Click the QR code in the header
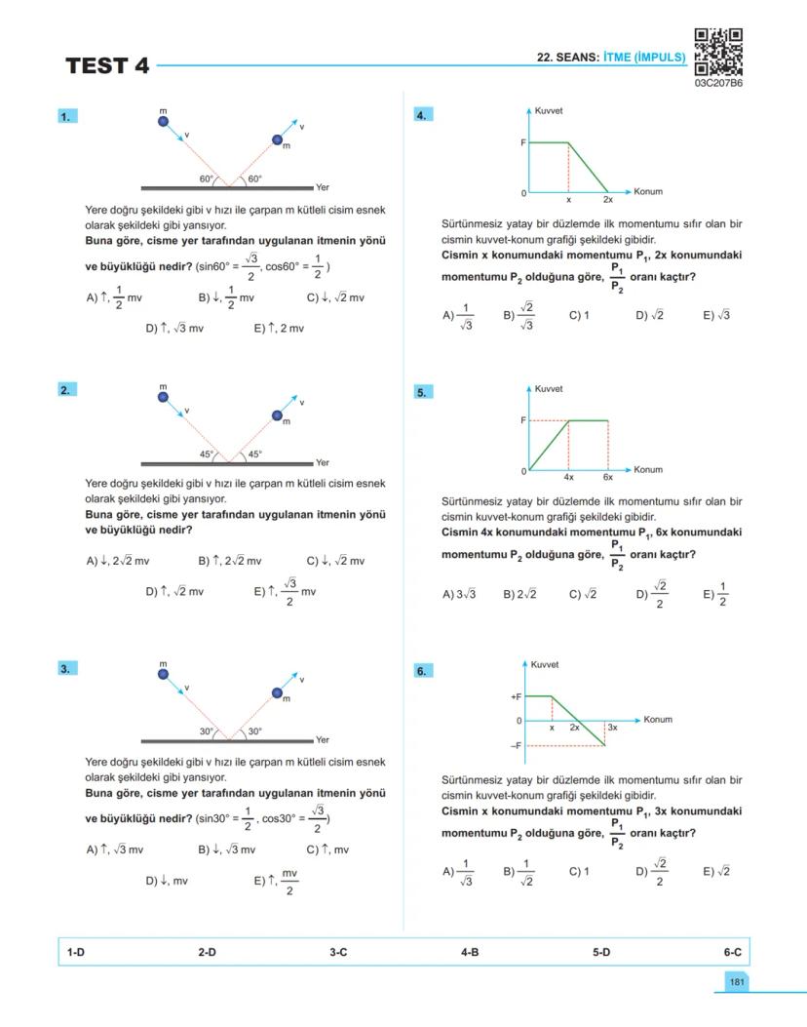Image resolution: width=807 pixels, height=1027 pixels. point(718,52)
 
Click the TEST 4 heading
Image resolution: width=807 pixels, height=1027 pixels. point(108,66)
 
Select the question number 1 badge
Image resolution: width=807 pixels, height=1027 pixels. point(66,116)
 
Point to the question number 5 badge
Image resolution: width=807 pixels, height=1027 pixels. point(423,392)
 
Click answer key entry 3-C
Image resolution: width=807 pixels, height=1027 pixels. point(337,951)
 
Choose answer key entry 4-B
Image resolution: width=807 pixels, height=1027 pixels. point(469,951)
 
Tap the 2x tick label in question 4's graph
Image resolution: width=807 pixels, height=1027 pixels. point(608,199)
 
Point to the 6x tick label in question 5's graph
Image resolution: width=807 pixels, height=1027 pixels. point(608,477)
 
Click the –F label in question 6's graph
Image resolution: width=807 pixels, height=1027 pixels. point(516,745)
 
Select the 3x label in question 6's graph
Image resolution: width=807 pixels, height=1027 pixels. point(612,728)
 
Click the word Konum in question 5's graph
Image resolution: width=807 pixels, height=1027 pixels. point(648,469)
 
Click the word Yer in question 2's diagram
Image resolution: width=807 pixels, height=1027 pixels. point(323,462)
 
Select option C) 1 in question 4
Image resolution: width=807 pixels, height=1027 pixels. point(579,315)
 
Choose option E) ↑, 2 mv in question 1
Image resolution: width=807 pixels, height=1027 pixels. point(279,329)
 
